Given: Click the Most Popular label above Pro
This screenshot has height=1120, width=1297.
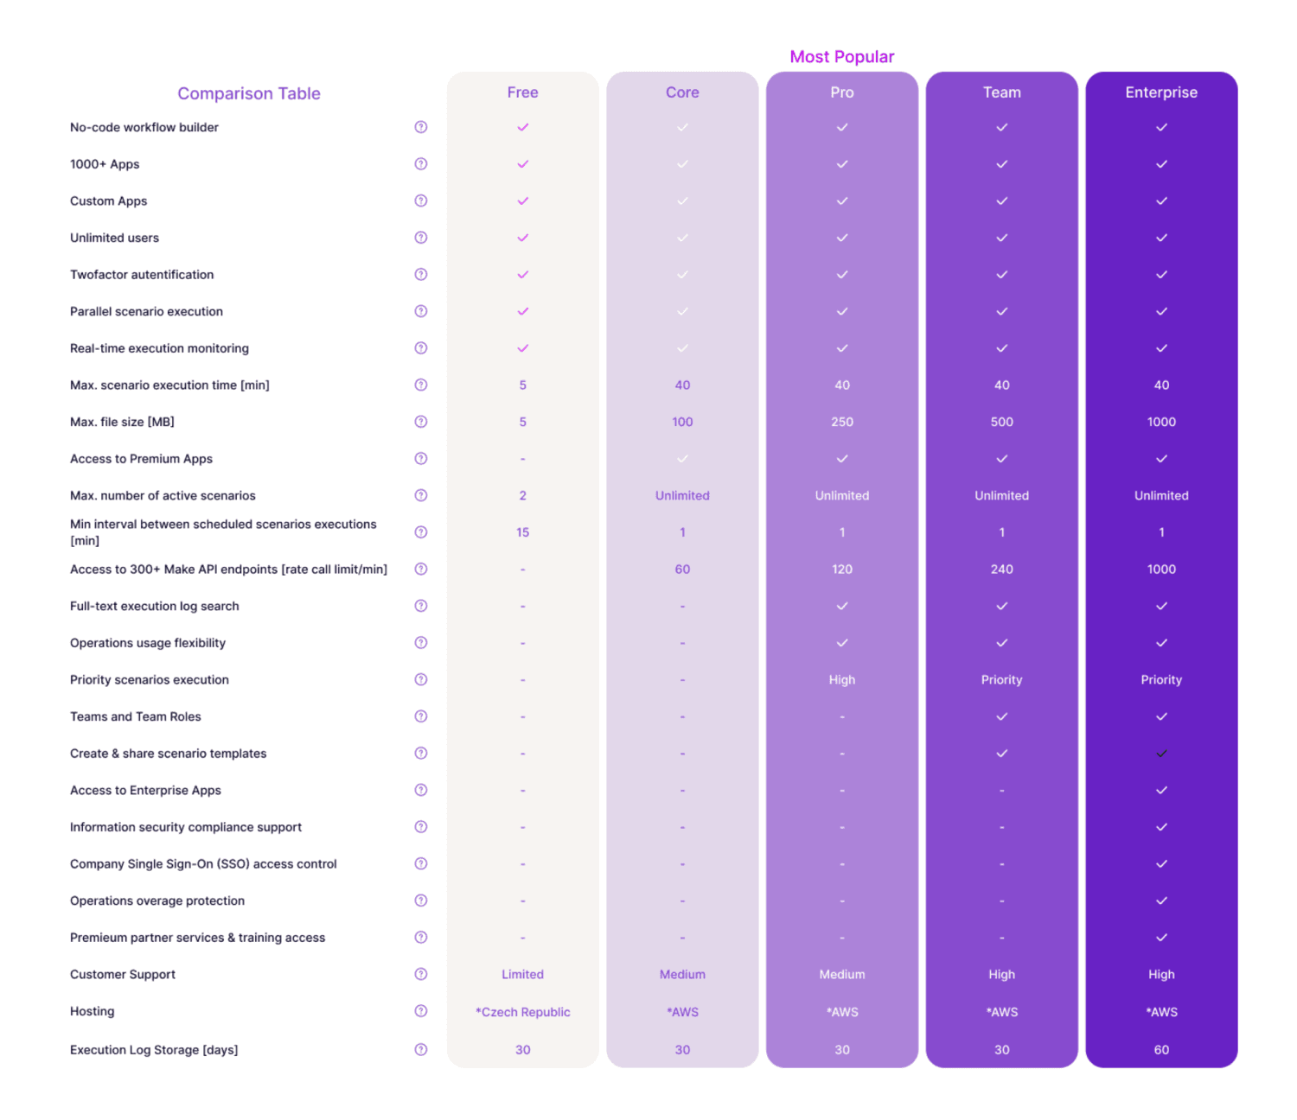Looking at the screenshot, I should [x=841, y=57].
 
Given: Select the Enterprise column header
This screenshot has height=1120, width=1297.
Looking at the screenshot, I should [x=1160, y=92].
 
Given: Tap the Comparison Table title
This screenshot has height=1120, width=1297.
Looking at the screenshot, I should [x=249, y=93].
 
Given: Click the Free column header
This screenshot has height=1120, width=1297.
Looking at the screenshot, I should [x=522, y=92].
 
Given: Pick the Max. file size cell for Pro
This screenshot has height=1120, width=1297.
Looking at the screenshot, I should [x=841, y=422].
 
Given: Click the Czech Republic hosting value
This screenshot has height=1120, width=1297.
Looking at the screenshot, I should [x=522, y=1012].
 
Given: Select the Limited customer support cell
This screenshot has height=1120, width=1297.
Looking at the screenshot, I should [x=522, y=975].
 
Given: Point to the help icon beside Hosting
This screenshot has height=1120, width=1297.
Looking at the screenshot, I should [x=421, y=1011].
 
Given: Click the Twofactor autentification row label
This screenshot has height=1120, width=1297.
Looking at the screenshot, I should [x=142, y=275].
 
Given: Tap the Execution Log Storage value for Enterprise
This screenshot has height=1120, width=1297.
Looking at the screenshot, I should [x=1160, y=1050].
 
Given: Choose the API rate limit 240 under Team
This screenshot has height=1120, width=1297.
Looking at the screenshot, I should [x=1001, y=570].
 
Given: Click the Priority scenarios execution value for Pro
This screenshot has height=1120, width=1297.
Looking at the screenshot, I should [x=841, y=680].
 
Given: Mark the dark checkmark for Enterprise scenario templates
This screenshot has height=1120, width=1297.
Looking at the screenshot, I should [x=1161, y=754].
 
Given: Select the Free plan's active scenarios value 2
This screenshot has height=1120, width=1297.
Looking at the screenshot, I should [x=522, y=496].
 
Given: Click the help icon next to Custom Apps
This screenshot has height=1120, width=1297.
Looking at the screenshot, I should [x=421, y=200].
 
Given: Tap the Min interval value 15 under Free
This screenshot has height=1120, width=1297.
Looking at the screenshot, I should [x=522, y=532].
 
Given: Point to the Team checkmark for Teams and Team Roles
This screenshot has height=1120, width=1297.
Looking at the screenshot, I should [x=1001, y=716].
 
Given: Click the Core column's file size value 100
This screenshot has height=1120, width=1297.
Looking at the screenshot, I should [x=682, y=422].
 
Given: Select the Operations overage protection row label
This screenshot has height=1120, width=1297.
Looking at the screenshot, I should [x=157, y=900].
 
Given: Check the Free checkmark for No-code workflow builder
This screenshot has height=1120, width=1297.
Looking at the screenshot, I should [x=522, y=127].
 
